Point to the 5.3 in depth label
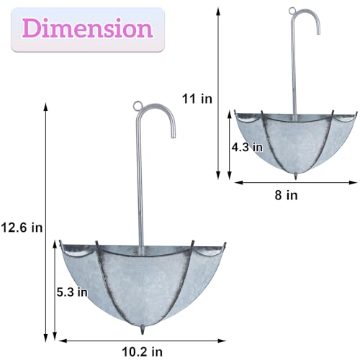[x=73, y=292]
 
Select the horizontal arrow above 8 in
[x=287, y=182]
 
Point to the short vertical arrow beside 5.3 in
[x=55, y=292]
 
